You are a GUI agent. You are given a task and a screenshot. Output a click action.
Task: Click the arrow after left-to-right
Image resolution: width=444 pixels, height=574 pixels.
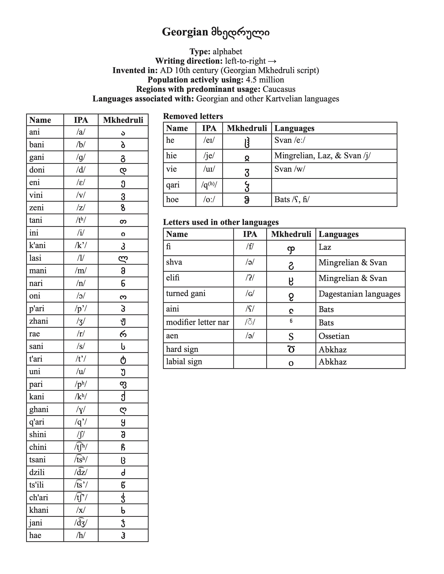pyautogui.click(x=272, y=61)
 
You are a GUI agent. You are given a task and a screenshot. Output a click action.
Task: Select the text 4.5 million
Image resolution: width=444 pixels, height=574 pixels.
pyautogui.click(x=265, y=80)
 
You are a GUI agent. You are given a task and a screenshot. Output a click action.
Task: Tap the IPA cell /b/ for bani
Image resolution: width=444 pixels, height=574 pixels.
pyautogui.click(x=81, y=145)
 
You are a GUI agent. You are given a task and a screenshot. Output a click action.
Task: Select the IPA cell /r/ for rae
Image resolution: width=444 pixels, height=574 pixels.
pyautogui.click(x=81, y=334)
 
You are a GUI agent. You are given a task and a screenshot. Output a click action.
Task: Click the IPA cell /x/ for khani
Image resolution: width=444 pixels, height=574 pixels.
pyautogui.click(x=81, y=510)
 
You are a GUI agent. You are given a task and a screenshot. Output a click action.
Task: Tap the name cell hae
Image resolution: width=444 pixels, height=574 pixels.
pyautogui.click(x=35, y=535)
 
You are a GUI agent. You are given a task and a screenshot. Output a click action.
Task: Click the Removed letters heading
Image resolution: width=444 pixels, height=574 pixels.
pyautogui.click(x=193, y=116)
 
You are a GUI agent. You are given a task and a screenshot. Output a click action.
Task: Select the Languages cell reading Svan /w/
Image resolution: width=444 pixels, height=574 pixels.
pyautogui.click(x=290, y=169)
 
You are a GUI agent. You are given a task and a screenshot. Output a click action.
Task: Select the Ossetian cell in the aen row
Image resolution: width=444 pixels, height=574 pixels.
pyautogui.click(x=334, y=336)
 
